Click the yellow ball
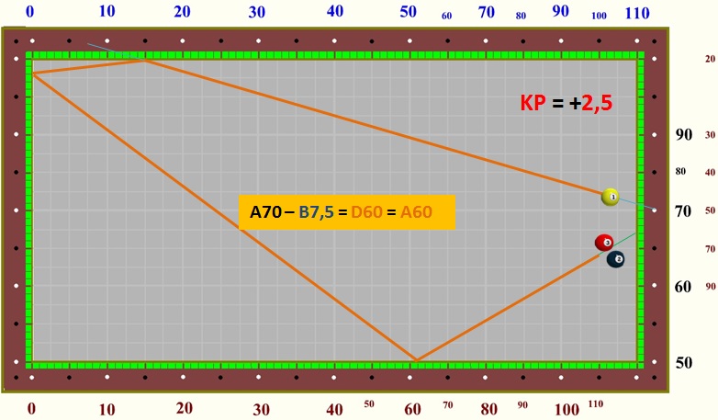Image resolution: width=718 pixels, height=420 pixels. click(x=611, y=197)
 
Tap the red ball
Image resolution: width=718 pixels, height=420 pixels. click(x=603, y=243)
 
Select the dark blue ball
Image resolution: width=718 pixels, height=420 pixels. click(x=616, y=259)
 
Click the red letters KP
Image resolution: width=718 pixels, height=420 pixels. click(x=533, y=104)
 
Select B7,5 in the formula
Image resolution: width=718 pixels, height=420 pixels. click(x=316, y=212)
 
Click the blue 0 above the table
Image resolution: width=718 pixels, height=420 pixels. click(x=30, y=11)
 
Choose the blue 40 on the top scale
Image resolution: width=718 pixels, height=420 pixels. click(x=334, y=11)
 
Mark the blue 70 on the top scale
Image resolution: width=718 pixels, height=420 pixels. click(x=487, y=12)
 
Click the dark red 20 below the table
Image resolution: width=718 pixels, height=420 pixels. click(x=185, y=407)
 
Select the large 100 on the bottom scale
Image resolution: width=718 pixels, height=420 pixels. click(x=567, y=408)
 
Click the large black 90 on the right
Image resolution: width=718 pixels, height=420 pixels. click(x=683, y=134)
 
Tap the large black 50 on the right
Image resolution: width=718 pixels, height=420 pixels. click(x=683, y=362)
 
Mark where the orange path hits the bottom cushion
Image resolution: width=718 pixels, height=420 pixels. click(x=416, y=360)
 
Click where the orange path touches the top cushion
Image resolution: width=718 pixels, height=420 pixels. click(x=144, y=60)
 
